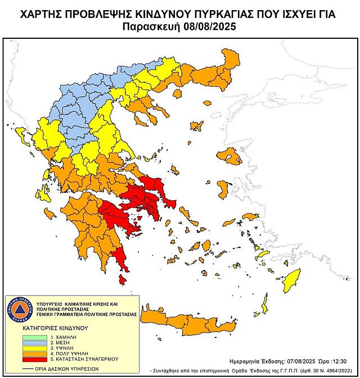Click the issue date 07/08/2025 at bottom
point(301,361)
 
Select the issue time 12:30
point(342,361)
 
